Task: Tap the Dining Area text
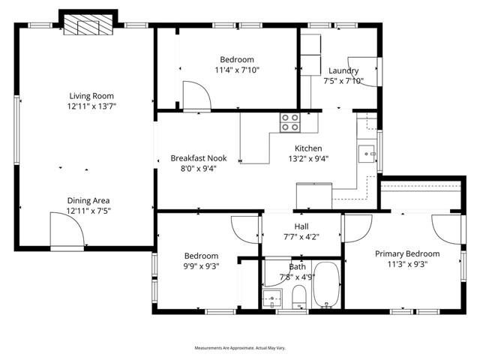coord(88,200)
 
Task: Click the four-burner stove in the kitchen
coord(290,121)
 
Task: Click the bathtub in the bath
coord(325,285)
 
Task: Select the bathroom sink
coord(271,299)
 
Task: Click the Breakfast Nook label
coord(198,158)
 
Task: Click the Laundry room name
coord(343,70)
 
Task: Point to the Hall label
coord(301,226)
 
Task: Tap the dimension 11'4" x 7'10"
coord(236,70)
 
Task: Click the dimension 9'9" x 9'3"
coord(201,265)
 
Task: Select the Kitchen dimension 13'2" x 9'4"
coord(308,158)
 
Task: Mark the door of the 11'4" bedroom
coord(197,96)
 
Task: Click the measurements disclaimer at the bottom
coord(240,348)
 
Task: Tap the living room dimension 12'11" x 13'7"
coord(91,106)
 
